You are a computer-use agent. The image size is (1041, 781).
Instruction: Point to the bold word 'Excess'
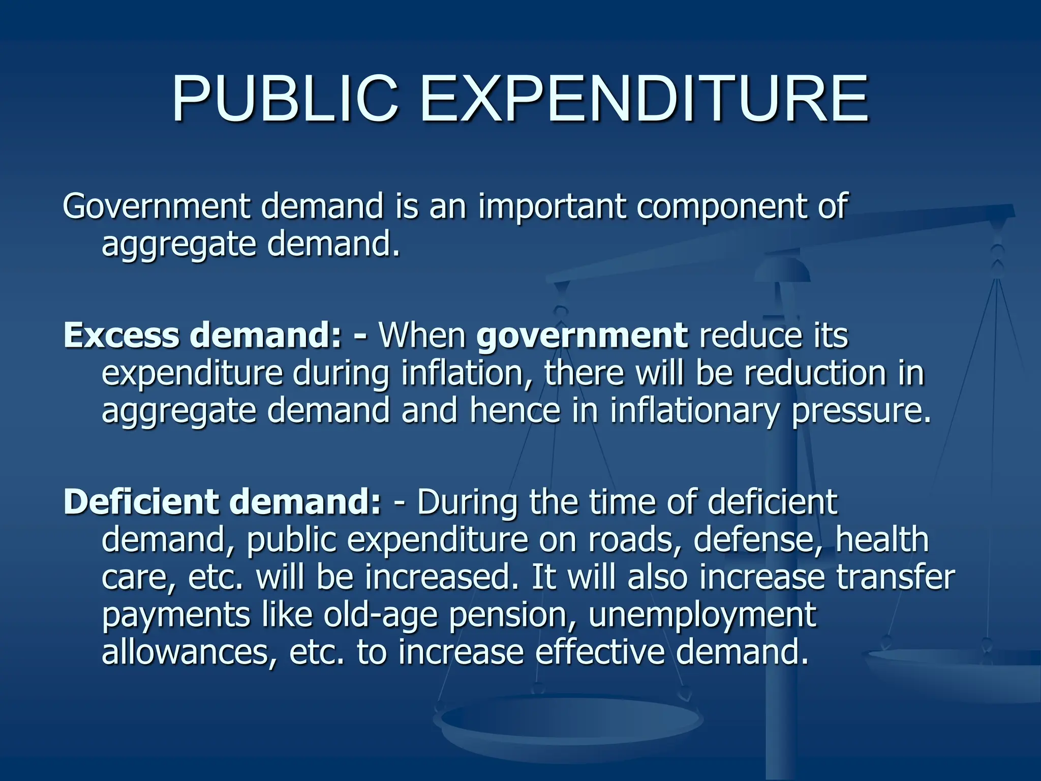click(x=121, y=336)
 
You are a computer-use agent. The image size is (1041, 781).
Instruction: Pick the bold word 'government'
click(x=583, y=337)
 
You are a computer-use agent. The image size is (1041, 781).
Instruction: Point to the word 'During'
click(x=467, y=502)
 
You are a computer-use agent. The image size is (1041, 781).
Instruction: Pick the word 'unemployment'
click(x=702, y=616)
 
